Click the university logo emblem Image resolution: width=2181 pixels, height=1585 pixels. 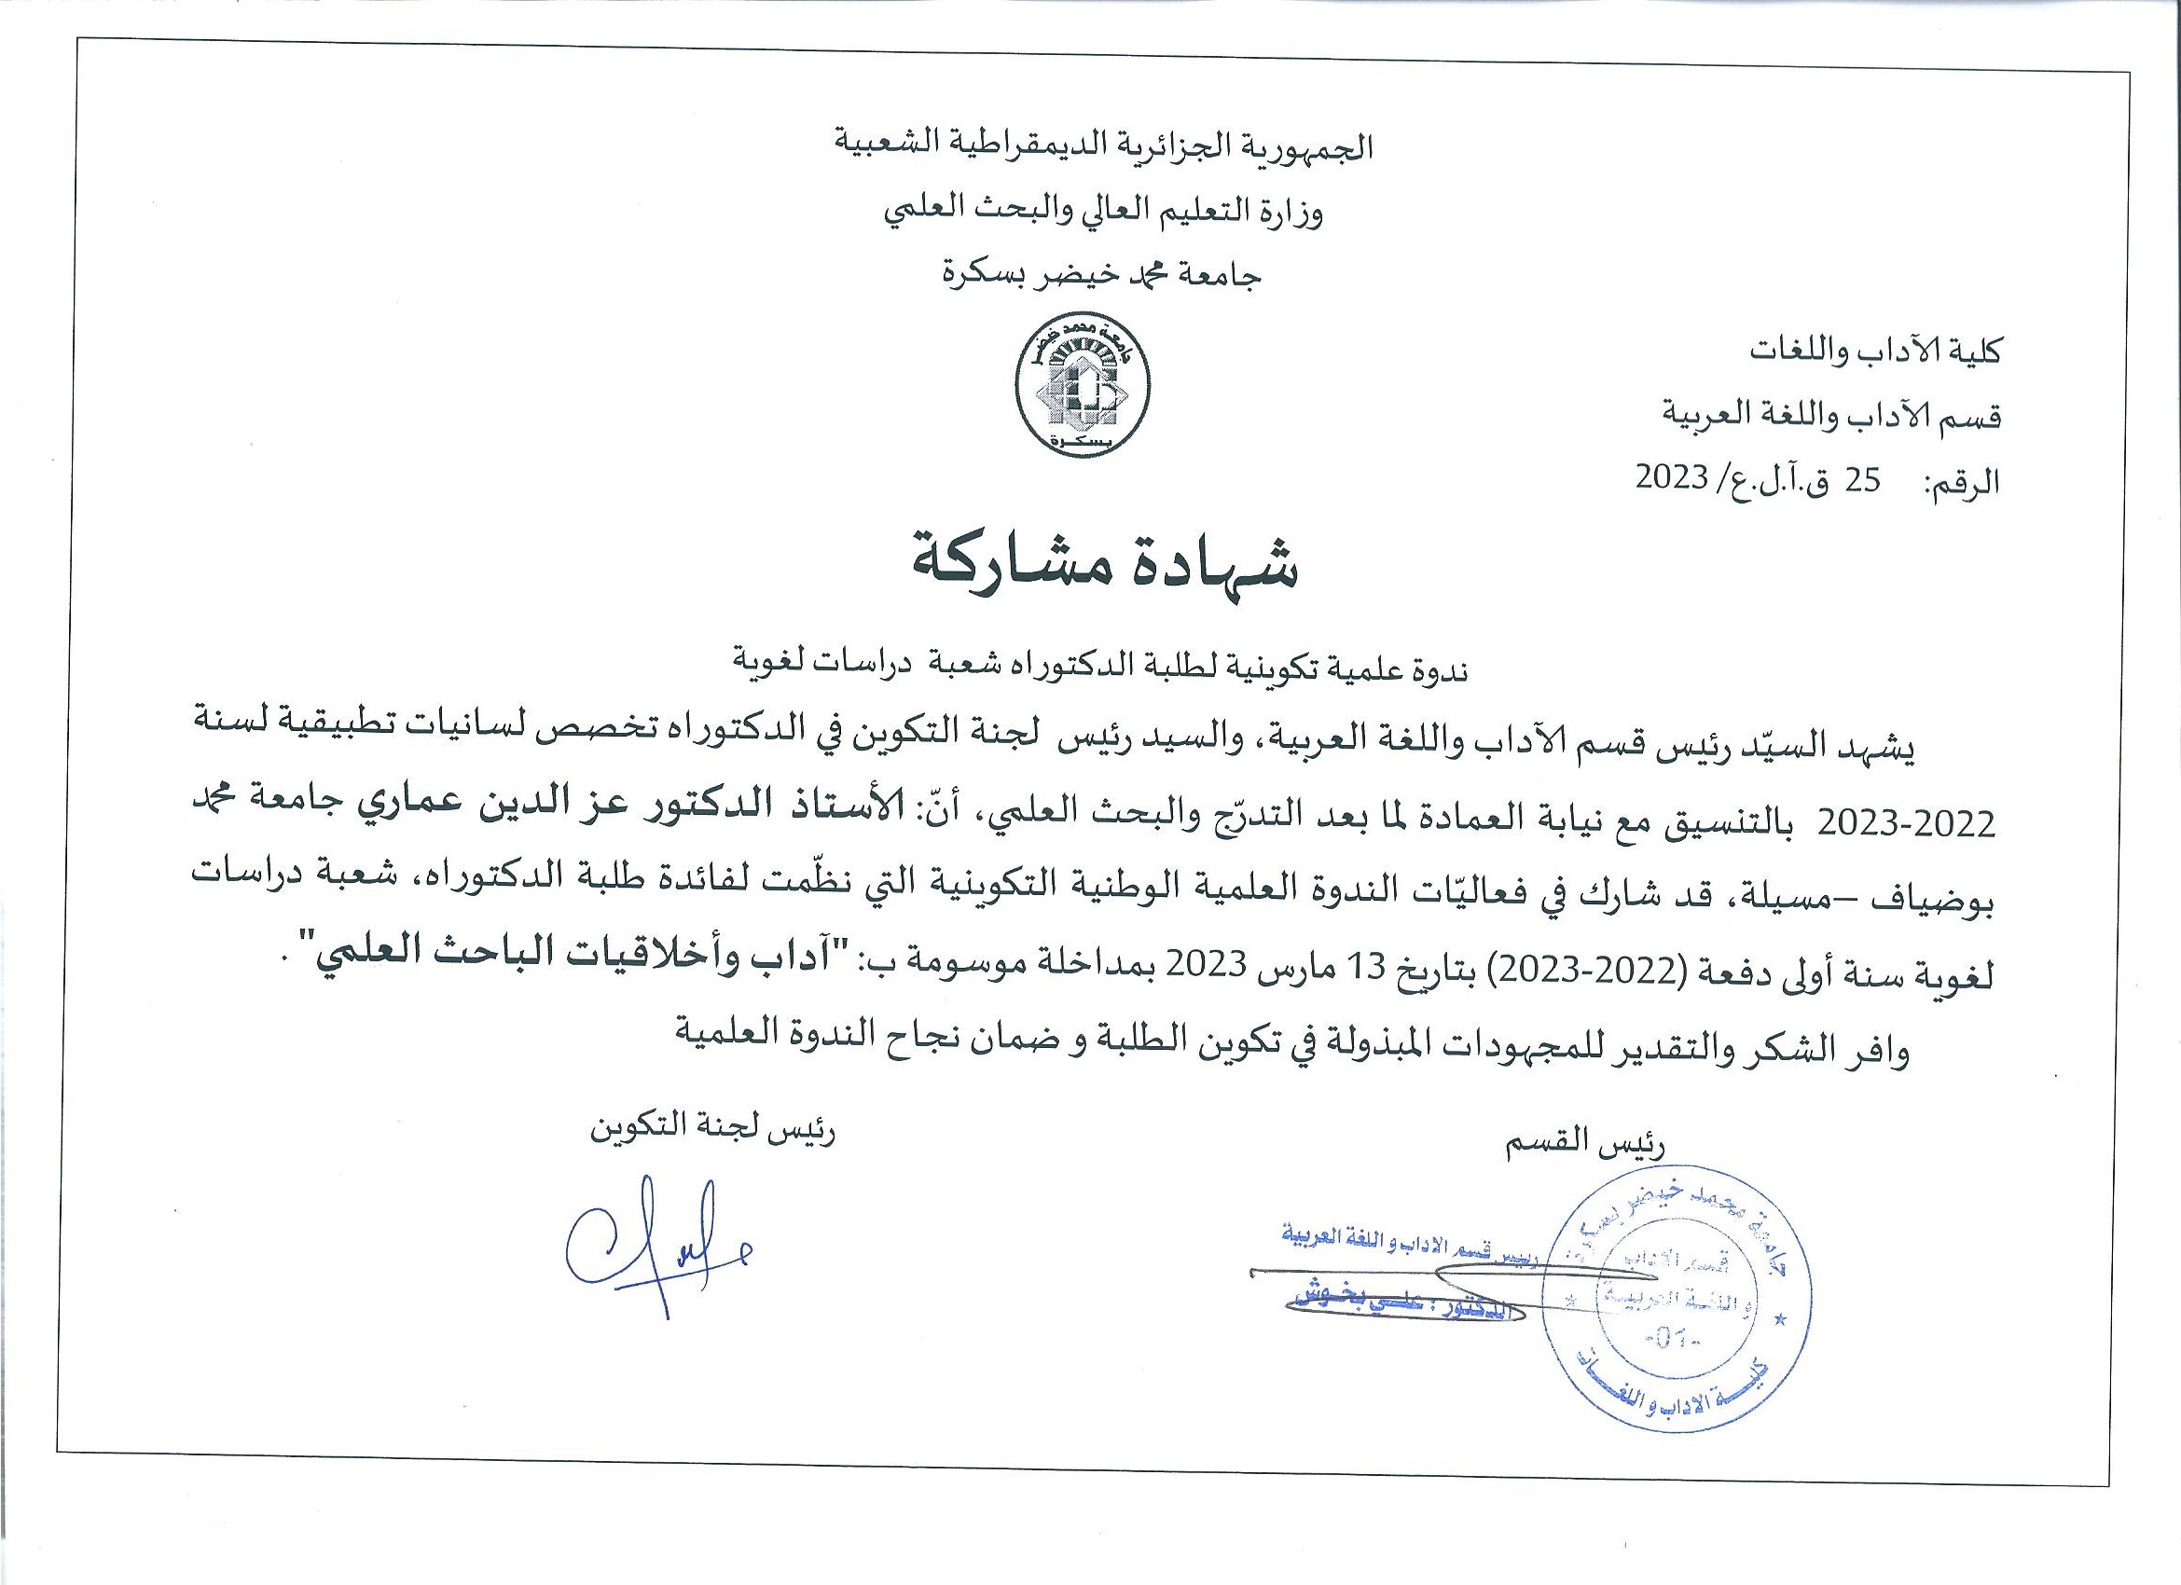1084,389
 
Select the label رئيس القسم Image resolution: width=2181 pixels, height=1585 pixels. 1581,1144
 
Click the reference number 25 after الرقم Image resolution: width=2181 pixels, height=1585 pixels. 1863,479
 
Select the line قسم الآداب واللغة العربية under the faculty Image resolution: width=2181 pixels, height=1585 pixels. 1832,415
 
